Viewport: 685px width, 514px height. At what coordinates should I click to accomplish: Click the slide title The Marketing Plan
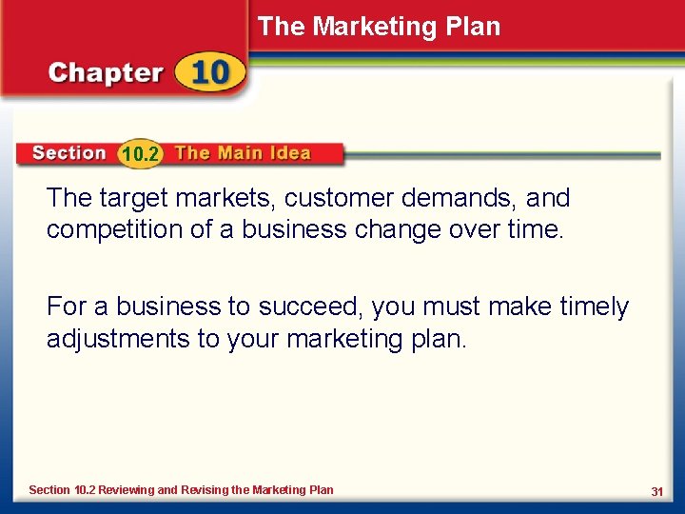[x=379, y=27]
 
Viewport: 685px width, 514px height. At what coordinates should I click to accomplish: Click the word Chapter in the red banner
[x=105, y=74]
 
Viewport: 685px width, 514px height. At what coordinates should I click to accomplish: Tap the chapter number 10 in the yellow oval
[x=208, y=74]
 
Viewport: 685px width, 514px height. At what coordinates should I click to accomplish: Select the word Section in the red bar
[x=68, y=153]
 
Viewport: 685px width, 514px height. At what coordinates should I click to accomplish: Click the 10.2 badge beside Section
[x=141, y=154]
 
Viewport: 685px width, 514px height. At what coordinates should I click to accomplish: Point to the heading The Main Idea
[x=243, y=153]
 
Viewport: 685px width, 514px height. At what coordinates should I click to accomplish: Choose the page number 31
[x=656, y=491]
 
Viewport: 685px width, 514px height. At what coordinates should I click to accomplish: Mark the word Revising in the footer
[x=205, y=490]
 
